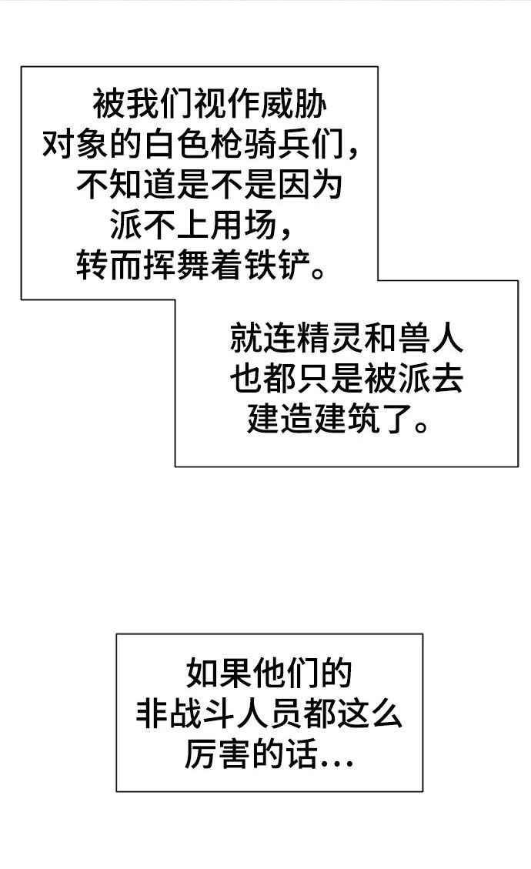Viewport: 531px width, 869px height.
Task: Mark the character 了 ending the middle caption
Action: click(x=393, y=422)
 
